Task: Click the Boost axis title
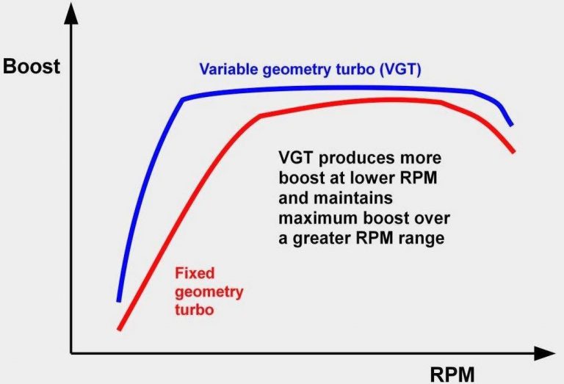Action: coord(32,66)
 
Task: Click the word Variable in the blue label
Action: coord(230,70)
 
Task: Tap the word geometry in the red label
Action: coord(209,292)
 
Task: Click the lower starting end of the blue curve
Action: coord(119,300)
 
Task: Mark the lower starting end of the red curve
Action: coord(119,328)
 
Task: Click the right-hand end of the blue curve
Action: coord(511,125)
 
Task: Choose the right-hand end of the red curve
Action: coord(513,151)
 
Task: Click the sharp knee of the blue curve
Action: coord(182,99)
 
